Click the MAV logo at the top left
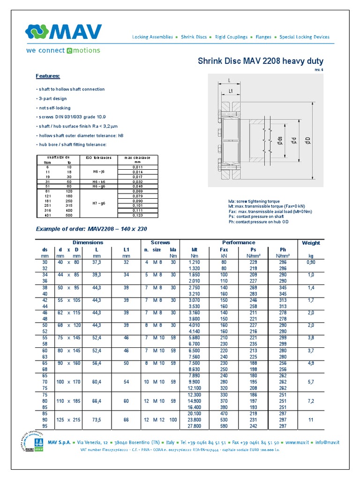pyautogui.click(x=63, y=32)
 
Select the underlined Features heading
pyautogui.click(x=48, y=76)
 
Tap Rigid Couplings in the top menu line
pyautogui.click(x=232, y=37)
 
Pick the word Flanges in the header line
pyautogui.click(x=263, y=37)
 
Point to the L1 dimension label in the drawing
pyautogui.click(x=231, y=91)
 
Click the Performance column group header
pyautogui.click(x=239, y=242)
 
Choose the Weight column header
pyautogui.click(x=311, y=243)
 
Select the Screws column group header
pyautogui.click(x=160, y=242)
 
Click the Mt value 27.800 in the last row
pyautogui.click(x=194, y=426)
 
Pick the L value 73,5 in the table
pyautogui.click(x=97, y=420)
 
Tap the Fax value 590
pyautogui.click(x=224, y=426)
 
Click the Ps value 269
pyautogui.click(x=254, y=287)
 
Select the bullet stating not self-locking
pyautogui.click(x=53, y=107)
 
